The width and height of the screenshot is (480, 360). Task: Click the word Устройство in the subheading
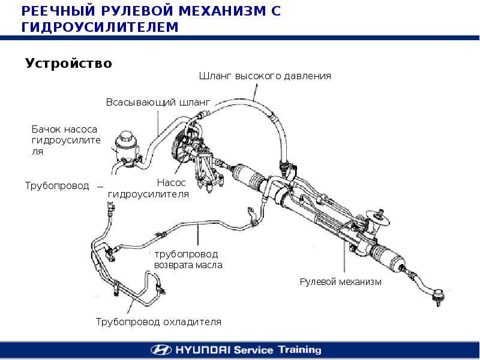[x=68, y=63]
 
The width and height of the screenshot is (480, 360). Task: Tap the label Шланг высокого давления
[x=265, y=76]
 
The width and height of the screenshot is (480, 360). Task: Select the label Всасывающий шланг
[x=149, y=102]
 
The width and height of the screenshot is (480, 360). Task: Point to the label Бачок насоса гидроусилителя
[x=64, y=140]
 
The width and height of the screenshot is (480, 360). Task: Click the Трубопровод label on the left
[x=57, y=185]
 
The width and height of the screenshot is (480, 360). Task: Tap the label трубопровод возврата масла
[x=188, y=259]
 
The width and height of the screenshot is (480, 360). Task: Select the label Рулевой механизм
[x=340, y=281]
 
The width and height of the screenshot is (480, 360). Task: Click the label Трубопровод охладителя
[x=158, y=322]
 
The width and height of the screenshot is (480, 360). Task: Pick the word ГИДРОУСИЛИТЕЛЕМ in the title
[x=100, y=27]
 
